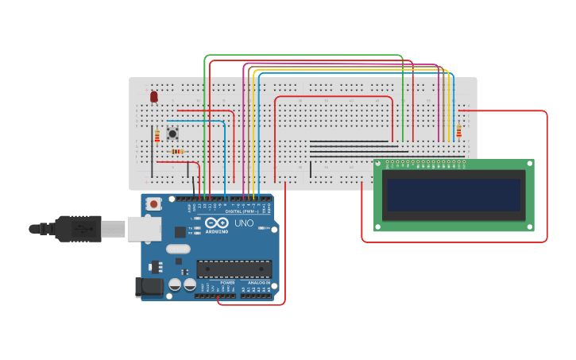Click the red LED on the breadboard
[154, 96]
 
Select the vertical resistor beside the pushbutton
[157, 136]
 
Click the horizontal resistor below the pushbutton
[176, 151]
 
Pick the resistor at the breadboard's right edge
[458, 130]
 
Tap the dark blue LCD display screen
[454, 195]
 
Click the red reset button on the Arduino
[153, 204]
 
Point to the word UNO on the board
[244, 223]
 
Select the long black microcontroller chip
[234, 269]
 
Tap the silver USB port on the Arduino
[144, 230]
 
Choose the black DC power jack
[149, 287]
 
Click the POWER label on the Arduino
[227, 282]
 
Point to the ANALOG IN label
[258, 282]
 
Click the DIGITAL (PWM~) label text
[242, 211]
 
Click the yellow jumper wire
[249, 127]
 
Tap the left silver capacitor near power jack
[175, 285]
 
